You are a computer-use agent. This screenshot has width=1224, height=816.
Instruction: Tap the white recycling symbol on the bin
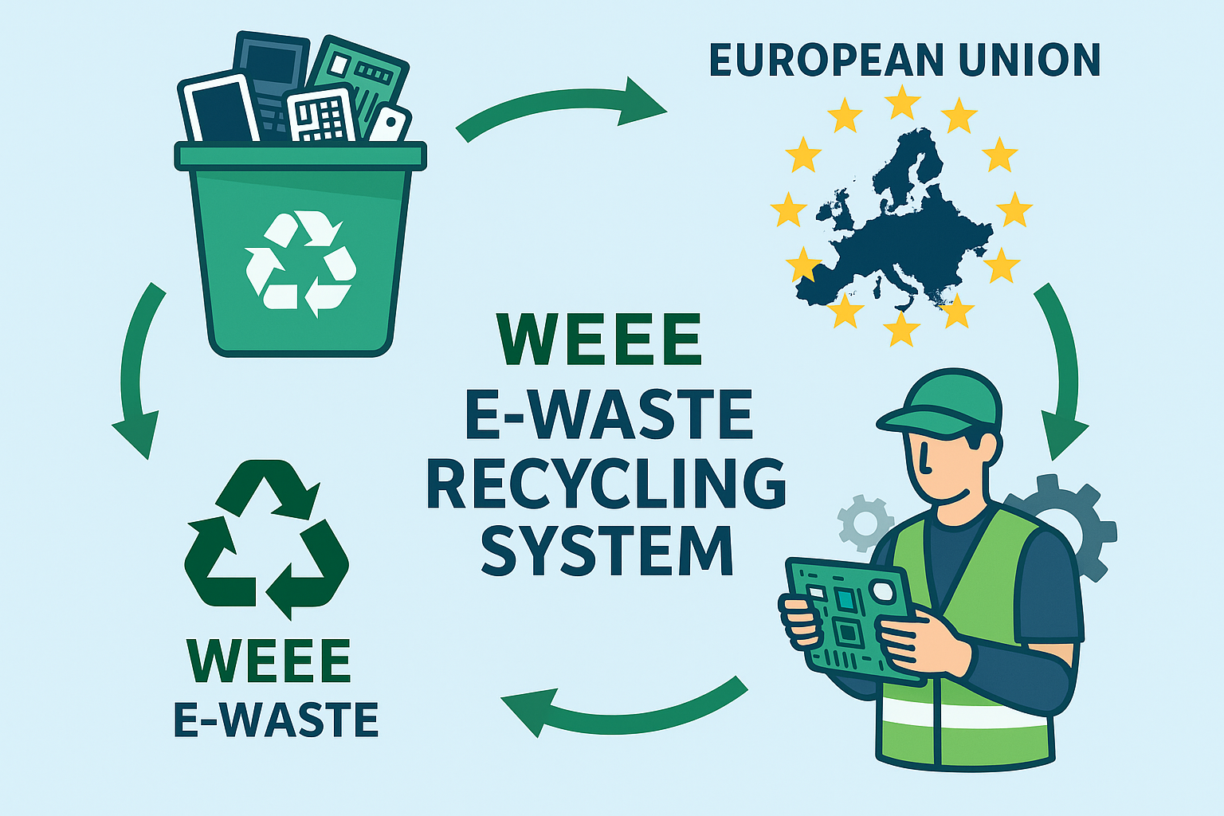point(300,261)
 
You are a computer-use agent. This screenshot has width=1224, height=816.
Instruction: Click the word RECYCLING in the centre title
point(606,484)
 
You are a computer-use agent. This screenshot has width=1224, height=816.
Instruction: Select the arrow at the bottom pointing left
point(622,705)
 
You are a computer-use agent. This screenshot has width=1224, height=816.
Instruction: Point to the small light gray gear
point(864,523)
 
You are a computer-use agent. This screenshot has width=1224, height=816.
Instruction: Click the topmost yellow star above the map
point(902,102)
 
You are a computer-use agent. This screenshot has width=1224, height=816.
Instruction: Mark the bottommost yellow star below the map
point(902,328)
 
